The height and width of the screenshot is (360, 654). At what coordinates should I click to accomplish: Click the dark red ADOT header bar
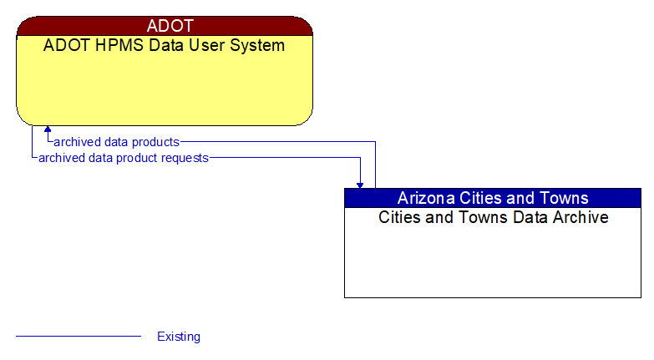(165, 26)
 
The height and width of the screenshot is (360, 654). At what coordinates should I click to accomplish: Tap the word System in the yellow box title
(256, 45)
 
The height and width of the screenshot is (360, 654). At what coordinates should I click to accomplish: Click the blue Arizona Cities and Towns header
(493, 198)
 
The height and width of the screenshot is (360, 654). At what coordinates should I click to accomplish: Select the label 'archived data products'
(116, 142)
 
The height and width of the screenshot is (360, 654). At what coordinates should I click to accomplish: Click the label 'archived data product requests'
(124, 157)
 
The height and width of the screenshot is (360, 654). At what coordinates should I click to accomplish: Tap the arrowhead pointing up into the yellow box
(48, 130)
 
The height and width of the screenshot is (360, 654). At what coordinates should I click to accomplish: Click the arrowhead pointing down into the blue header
(360, 184)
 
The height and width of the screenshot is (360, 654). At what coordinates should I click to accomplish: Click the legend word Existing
(179, 337)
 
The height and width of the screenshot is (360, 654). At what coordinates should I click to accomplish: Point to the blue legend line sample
(79, 337)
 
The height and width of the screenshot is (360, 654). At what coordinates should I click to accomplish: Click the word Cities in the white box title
(400, 218)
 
